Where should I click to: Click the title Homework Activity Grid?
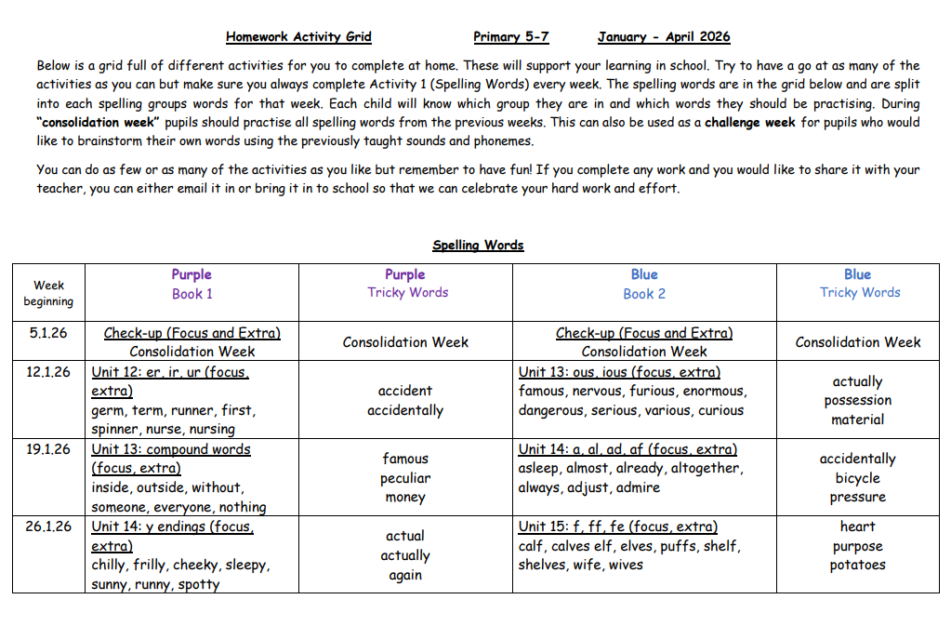pyautogui.click(x=298, y=37)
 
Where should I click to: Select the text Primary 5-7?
pyautogui.click(x=510, y=37)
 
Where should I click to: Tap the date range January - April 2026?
pyautogui.click(x=664, y=37)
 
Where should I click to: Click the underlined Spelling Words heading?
pyautogui.click(x=478, y=246)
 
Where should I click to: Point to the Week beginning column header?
pyautogui.click(x=48, y=293)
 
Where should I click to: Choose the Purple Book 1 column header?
pyautogui.click(x=192, y=284)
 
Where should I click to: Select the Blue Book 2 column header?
pyautogui.click(x=644, y=284)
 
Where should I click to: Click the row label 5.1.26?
pyautogui.click(x=48, y=332)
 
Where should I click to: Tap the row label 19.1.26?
pyautogui.click(x=48, y=449)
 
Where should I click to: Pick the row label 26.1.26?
pyautogui.click(x=48, y=526)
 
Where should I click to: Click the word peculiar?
pyautogui.click(x=405, y=478)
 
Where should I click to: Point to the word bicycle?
pyautogui.click(x=857, y=478)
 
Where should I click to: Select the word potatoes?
pyautogui.click(x=857, y=565)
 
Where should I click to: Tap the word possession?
pyautogui.click(x=857, y=401)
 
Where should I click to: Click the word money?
pyautogui.click(x=405, y=498)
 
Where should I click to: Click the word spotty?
pyautogui.click(x=198, y=585)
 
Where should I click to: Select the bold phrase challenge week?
pyautogui.click(x=748, y=122)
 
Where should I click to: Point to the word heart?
pyautogui.click(x=857, y=526)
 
